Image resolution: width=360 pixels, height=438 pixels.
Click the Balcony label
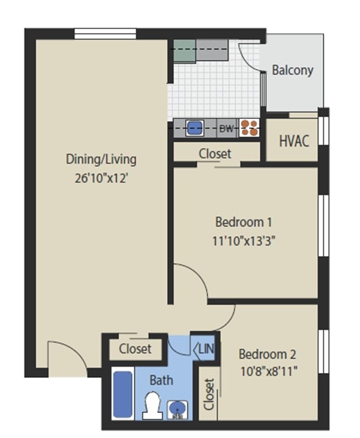[292, 70]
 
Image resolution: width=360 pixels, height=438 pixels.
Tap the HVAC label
[294, 141]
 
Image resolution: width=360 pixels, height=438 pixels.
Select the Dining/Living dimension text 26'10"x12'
[101, 178]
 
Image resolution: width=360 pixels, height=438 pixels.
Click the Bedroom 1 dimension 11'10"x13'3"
[244, 241]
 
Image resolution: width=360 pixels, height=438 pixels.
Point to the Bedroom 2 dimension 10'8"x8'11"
[268, 370]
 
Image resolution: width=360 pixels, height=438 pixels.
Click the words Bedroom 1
[244, 222]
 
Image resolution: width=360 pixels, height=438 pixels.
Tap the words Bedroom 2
[267, 354]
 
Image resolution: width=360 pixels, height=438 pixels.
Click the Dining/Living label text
[101, 160]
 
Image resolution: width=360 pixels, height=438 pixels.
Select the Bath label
[161, 380]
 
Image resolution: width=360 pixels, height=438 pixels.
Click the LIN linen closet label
[206, 349]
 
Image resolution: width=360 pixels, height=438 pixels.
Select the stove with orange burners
[249, 127]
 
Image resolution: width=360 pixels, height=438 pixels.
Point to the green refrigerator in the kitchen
[183, 51]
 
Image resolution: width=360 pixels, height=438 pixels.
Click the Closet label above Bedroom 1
[215, 153]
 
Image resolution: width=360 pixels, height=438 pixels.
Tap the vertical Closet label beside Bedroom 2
[208, 395]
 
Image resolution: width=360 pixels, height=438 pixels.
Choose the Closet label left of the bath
[135, 349]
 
